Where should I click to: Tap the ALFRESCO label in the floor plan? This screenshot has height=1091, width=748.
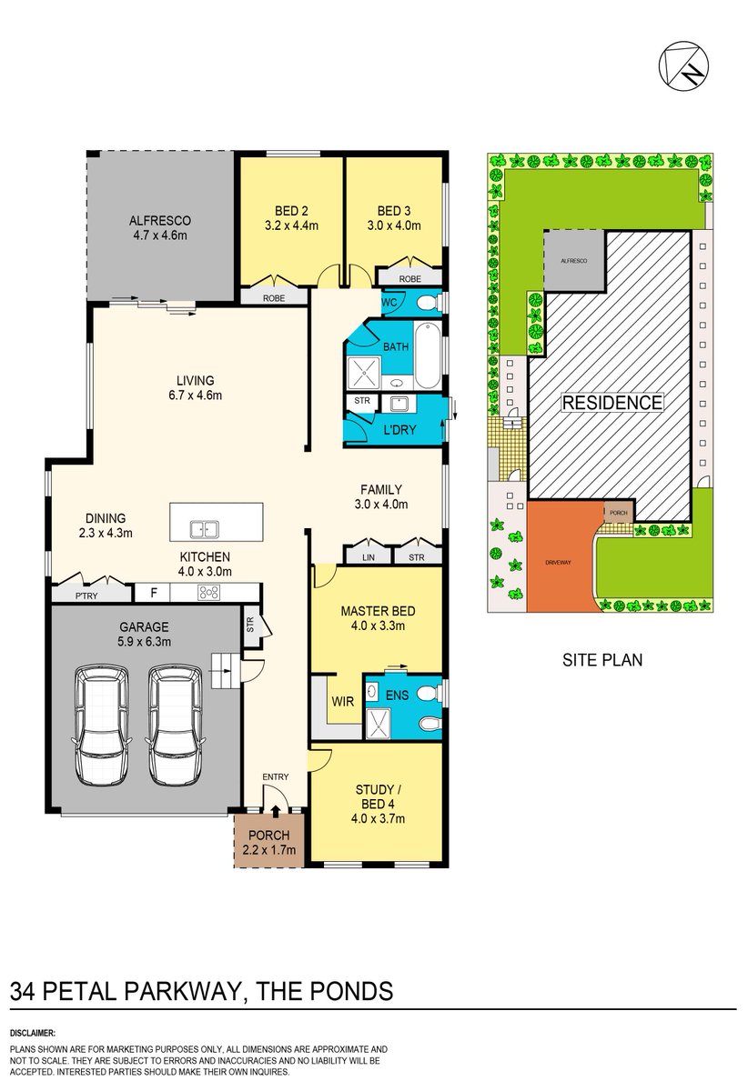pos(159,220)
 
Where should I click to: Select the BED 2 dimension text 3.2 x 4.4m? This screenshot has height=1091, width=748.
pos(291,225)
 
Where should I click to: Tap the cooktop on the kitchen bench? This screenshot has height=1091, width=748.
pos(208,593)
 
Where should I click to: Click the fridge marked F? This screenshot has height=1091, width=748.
pos(153,593)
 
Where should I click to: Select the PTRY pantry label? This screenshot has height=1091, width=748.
pos(87,595)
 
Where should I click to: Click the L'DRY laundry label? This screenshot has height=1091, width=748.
pos(399,429)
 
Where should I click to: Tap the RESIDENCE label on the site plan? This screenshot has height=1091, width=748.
pos(612,403)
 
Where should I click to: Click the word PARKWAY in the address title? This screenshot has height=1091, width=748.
pos(167,990)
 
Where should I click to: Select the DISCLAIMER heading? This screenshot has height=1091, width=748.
pos(34,1034)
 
